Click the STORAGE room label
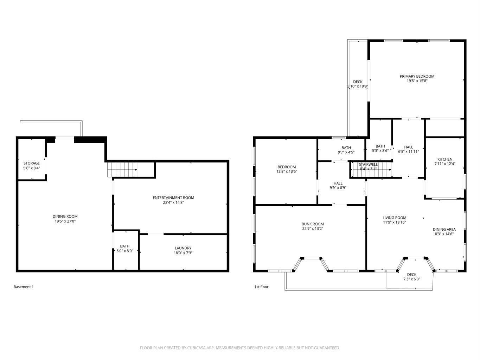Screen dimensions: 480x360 click(32, 163)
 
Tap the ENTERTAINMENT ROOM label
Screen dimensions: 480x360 click(173, 198)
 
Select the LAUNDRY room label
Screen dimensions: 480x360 click(183, 248)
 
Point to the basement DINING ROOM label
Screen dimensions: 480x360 click(65, 217)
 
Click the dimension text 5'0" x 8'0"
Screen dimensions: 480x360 click(124, 251)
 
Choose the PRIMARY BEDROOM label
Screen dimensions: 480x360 click(417, 76)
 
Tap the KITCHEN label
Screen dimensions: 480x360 click(445, 159)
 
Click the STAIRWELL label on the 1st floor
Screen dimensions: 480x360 click(368, 165)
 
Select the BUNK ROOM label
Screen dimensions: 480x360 click(313, 224)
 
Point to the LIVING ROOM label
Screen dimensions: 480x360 click(395, 218)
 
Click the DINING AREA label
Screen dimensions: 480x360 click(444, 230)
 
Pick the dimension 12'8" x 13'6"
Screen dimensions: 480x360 click(287, 172)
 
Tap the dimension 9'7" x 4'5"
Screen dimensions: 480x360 click(346, 152)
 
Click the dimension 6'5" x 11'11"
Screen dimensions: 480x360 click(409, 152)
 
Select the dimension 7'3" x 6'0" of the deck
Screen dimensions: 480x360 click(412, 279)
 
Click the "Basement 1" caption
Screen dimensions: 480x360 click(24, 287)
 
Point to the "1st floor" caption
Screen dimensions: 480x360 click(261, 287)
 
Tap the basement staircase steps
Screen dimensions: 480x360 click(122, 169)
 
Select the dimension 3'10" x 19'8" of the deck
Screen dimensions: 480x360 click(358, 86)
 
